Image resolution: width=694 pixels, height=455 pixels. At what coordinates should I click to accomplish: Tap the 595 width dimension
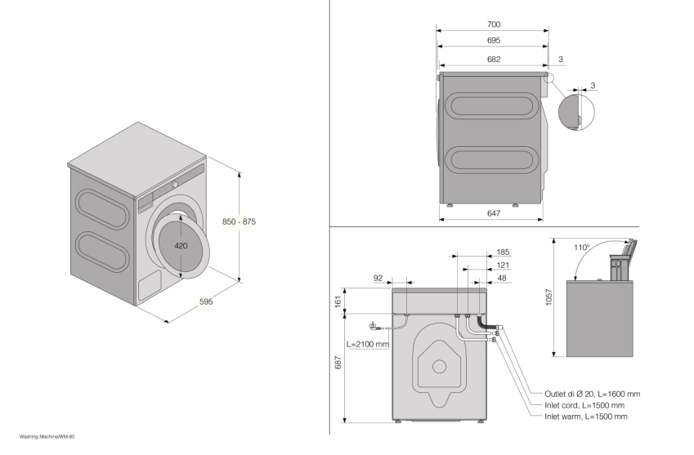206,301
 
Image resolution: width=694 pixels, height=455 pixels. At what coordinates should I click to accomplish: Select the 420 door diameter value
182,245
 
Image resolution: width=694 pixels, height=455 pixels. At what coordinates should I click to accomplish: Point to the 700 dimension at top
493,25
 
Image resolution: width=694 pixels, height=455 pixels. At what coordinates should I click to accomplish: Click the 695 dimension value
493,40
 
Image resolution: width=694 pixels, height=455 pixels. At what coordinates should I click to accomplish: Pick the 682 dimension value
493,59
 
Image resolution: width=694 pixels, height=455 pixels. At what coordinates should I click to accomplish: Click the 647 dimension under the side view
493,213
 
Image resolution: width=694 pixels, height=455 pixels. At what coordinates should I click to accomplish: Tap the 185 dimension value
503,252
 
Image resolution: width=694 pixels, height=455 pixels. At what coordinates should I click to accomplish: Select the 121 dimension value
503,265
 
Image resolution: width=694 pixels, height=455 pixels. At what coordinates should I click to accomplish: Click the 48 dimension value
503,279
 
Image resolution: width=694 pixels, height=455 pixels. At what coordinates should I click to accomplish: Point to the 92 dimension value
378,279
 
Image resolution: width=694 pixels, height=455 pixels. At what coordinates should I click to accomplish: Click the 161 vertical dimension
338,301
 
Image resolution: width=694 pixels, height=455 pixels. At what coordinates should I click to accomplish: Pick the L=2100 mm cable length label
368,344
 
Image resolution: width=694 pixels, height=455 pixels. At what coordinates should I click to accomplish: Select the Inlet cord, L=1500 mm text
584,405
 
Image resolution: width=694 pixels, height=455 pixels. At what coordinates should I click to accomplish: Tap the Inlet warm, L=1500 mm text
585,417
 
